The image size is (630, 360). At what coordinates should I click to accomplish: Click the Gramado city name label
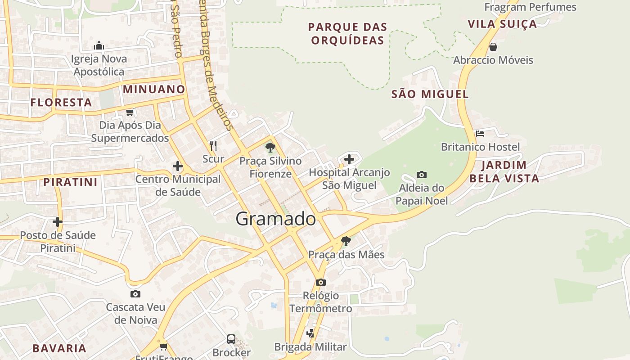(x=275, y=219)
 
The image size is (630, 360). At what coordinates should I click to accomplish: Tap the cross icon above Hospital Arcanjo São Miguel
(x=349, y=159)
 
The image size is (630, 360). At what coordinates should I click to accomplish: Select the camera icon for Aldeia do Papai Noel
(x=422, y=175)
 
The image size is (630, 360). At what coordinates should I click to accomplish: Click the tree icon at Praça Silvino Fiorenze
(x=270, y=147)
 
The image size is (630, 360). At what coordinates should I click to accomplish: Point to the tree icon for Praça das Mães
(x=346, y=241)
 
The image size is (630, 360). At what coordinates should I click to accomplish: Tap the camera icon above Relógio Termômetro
(x=320, y=282)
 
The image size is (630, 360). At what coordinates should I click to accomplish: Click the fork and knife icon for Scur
(x=213, y=145)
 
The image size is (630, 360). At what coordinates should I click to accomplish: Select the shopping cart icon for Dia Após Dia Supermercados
(x=130, y=112)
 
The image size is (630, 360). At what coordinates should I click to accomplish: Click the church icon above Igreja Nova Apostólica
(x=99, y=45)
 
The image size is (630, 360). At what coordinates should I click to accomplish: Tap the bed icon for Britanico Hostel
(x=480, y=134)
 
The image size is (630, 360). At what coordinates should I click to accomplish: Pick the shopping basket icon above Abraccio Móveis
(x=493, y=47)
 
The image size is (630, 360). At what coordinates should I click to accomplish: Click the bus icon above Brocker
(x=231, y=339)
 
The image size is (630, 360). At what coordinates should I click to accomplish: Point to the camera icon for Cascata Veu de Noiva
(x=135, y=294)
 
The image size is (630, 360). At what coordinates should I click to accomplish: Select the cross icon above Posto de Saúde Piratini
(x=58, y=222)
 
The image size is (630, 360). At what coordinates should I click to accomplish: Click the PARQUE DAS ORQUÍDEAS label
(x=347, y=34)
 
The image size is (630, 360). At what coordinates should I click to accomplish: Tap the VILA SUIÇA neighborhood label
(x=502, y=24)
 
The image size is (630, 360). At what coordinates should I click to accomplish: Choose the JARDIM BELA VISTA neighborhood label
(x=504, y=172)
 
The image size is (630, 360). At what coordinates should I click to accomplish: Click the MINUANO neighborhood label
(x=154, y=89)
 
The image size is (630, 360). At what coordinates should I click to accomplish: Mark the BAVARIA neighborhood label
(x=59, y=348)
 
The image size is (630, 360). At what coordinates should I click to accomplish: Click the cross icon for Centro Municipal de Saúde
(x=178, y=166)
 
